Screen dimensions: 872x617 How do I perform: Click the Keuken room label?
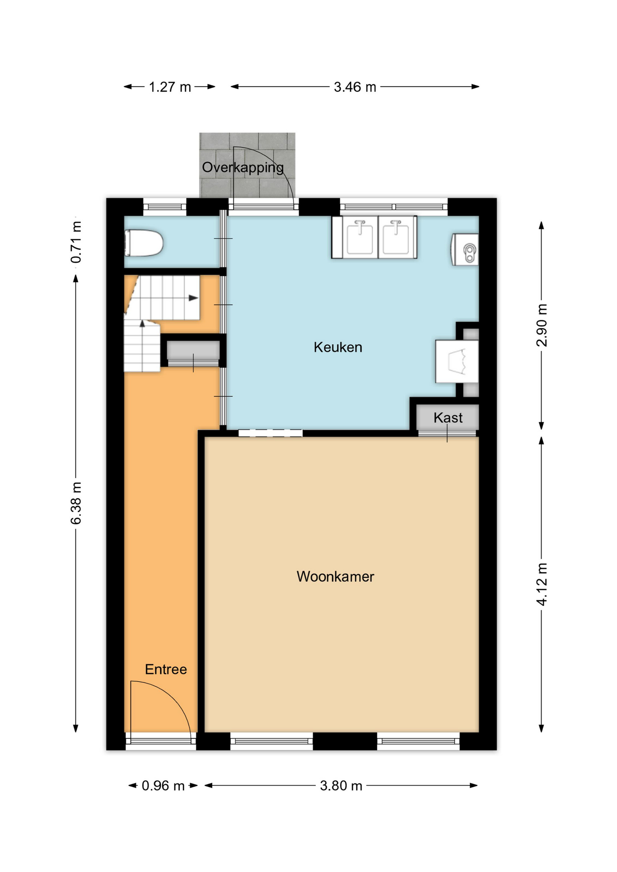(338, 347)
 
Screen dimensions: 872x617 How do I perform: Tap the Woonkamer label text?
(335, 577)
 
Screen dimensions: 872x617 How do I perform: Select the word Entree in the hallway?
(165, 669)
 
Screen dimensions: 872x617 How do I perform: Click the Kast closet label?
(448, 418)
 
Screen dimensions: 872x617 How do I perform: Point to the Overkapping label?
(243, 168)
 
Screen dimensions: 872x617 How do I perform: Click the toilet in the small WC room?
(144, 243)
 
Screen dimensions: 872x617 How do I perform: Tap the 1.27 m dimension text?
(170, 87)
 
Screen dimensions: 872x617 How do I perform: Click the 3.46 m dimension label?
(355, 87)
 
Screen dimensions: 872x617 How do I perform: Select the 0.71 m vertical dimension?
(76, 242)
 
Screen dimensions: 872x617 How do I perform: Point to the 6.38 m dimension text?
(76, 503)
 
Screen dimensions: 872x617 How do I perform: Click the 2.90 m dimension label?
(542, 326)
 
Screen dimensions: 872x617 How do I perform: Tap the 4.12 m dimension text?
(542, 584)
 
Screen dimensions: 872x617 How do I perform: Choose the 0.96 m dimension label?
(163, 786)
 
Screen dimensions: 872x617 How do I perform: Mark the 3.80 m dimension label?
(341, 786)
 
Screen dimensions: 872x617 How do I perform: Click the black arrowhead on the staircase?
(194, 298)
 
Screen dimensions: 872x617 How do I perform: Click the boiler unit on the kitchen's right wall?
(457, 362)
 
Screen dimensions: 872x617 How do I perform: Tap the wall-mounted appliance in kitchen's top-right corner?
(466, 250)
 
